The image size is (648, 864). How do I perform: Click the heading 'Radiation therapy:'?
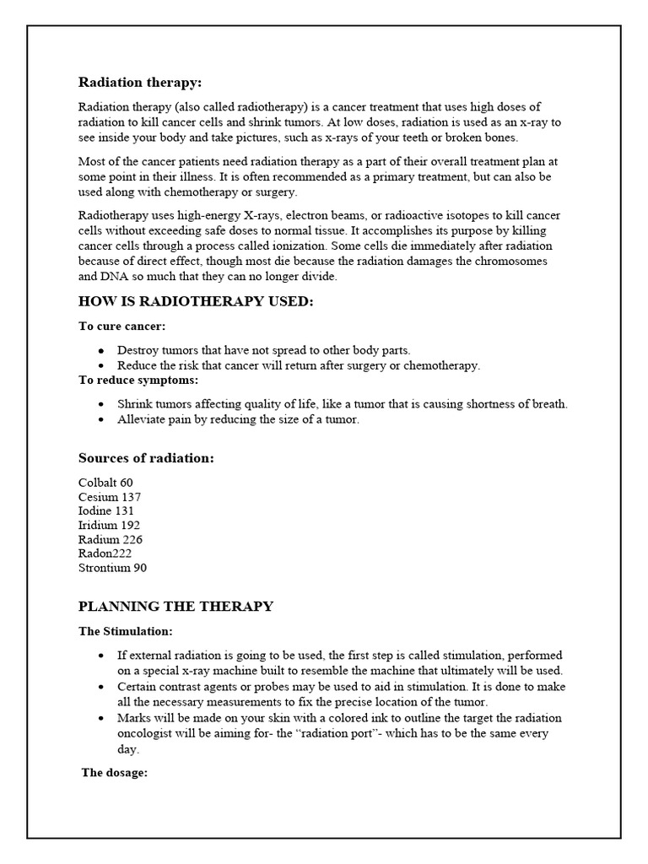click(x=140, y=82)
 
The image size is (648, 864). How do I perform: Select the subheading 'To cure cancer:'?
click(x=121, y=326)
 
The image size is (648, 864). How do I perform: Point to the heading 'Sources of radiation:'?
click(x=146, y=457)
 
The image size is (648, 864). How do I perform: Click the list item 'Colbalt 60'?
click(x=105, y=482)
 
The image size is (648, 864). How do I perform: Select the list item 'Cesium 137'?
click(x=110, y=496)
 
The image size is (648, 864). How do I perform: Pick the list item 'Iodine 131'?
click(x=106, y=510)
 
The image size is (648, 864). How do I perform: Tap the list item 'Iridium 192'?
click(x=109, y=525)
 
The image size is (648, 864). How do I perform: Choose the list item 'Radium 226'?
click(x=111, y=539)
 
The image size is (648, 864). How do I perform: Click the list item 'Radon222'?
click(x=105, y=553)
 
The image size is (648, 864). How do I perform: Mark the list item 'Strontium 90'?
click(x=112, y=568)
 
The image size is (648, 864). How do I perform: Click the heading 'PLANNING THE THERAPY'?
click(x=175, y=606)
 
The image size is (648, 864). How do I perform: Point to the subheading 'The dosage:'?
click(x=115, y=772)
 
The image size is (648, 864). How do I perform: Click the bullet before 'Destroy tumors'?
click(x=101, y=349)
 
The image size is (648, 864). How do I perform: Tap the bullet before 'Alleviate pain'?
click(x=101, y=419)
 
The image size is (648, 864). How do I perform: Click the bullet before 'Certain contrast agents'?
click(x=101, y=687)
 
